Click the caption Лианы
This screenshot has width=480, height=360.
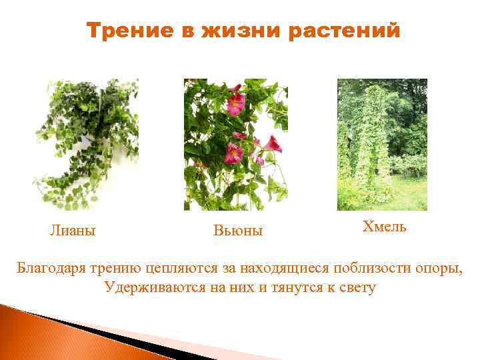(x=73, y=231)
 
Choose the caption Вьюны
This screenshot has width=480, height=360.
(x=238, y=231)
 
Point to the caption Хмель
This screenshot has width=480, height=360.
(x=384, y=226)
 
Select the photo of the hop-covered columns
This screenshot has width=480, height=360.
(x=382, y=144)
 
